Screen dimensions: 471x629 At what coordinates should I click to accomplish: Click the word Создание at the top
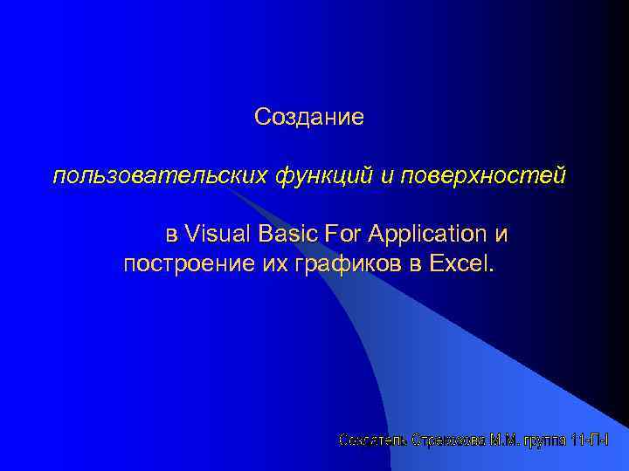(x=308, y=116)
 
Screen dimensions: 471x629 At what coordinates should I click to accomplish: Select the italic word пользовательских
(x=161, y=176)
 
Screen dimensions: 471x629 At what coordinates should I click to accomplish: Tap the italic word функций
(x=324, y=176)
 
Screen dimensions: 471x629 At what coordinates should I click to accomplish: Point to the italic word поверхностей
(x=484, y=176)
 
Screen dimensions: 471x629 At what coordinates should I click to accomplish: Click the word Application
(x=427, y=235)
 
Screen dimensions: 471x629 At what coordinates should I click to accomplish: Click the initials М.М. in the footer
(x=506, y=441)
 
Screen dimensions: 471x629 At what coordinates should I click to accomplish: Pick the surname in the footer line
(x=448, y=441)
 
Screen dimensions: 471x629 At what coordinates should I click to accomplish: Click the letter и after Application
(x=501, y=235)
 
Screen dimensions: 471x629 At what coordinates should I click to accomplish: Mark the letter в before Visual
(x=171, y=235)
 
